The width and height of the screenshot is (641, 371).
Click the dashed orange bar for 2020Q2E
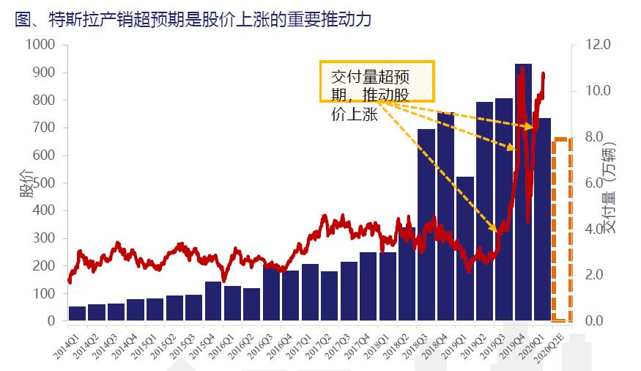click(562, 229)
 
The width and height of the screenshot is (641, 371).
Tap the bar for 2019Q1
click(465, 249)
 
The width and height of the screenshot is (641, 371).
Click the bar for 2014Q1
click(77, 314)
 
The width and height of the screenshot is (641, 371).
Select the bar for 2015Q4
click(213, 301)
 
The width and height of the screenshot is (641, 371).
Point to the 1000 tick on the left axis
click(40, 45)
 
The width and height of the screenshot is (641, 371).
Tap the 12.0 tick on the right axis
click(598, 45)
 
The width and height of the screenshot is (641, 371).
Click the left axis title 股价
click(27, 183)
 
